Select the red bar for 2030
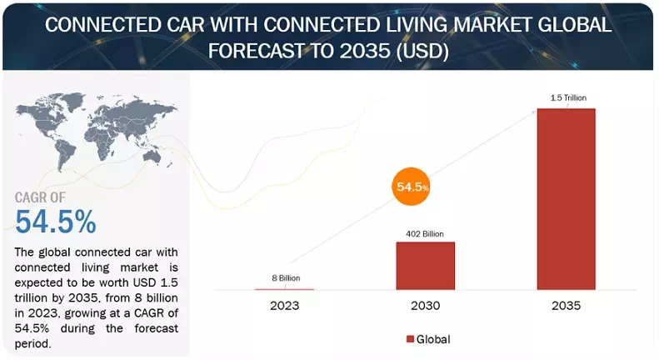tap(426, 266)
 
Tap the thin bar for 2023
tap(284, 288)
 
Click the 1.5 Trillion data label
tap(567, 98)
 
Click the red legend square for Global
tap(410, 339)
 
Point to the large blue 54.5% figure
tap(56, 222)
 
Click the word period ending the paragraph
tap(34, 342)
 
